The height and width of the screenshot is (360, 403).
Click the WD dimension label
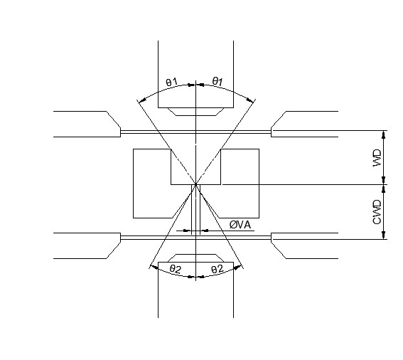377,157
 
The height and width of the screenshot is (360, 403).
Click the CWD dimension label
377,212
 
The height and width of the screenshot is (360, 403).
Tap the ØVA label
240,225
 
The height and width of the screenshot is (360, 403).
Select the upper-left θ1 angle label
172,83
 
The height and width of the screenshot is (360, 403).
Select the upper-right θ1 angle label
217,82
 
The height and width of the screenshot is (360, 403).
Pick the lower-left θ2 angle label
176,269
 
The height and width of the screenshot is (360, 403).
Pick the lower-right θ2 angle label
217,270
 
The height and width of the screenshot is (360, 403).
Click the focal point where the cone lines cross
196,184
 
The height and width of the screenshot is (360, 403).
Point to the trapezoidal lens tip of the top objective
196,112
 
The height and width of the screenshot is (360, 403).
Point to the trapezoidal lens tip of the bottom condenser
196,258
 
